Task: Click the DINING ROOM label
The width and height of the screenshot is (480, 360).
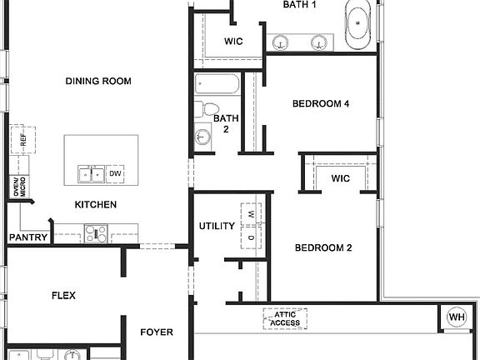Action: point(98,81)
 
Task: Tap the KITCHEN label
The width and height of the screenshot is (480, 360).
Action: point(96,205)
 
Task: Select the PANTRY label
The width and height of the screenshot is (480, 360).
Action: point(28,237)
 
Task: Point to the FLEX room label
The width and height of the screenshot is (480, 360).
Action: point(64,295)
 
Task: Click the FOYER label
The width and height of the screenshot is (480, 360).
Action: point(156,332)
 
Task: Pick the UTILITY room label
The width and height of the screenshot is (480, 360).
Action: point(217,226)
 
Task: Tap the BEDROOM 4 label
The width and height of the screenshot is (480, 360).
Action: point(321,104)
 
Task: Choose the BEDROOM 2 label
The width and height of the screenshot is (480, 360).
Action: point(324,248)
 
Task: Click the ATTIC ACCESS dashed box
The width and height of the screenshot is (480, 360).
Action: point(286,319)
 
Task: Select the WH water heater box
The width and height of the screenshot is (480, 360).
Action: point(456,317)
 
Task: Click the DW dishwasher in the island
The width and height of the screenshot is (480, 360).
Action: point(115,173)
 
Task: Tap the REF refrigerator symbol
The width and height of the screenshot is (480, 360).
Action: point(22,140)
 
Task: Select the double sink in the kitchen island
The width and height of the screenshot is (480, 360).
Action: point(91,173)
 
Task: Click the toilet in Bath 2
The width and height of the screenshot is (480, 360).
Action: point(207,109)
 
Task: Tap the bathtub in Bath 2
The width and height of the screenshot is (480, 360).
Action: point(217,85)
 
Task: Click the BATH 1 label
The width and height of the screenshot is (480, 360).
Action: point(300,5)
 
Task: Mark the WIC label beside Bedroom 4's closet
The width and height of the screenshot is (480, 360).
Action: point(339,178)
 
